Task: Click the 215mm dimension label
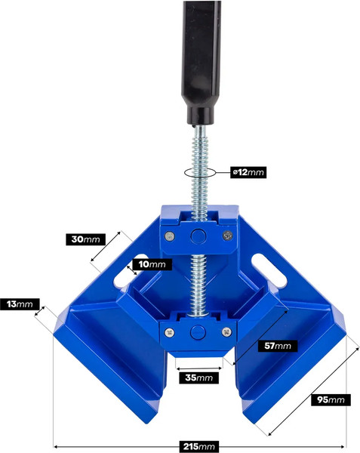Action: pyautogui.click(x=199, y=446)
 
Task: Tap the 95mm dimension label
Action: pyautogui.click(x=331, y=400)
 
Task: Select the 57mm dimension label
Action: pyautogui.click(x=278, y=346)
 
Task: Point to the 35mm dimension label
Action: pyautogui.click(x=199, y=377)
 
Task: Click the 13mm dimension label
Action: pyautogui.click(x=20, y=304)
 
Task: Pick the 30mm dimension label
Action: pyautogui.click(x=86, y=239)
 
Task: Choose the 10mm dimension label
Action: pyautogui.click(x=152, y=264)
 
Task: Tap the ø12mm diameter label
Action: pyautogui.click(x=248, y=172)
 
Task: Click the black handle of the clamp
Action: pyautogui.click(x=201, y=62)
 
